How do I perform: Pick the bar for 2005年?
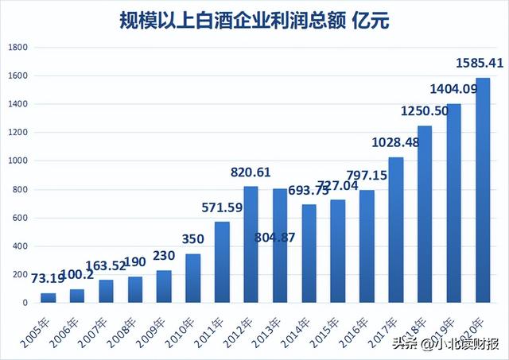tap(49, 297)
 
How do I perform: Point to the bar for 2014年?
tap(309, 254)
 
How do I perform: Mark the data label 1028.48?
tap(395, 142)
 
